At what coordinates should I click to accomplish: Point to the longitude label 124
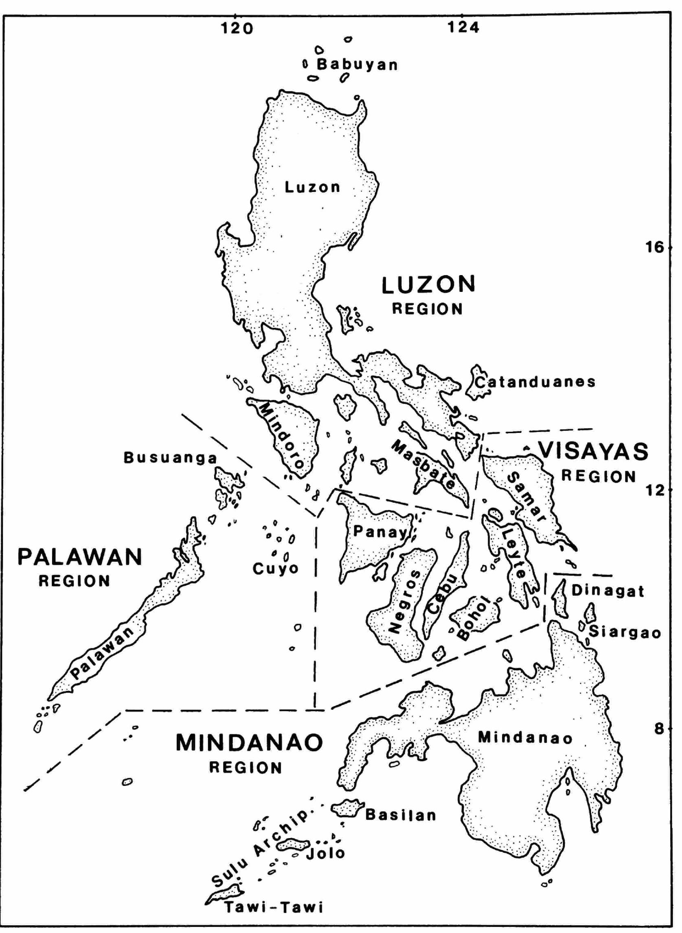tap(464, 27)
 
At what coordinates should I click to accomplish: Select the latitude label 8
tap(660, 728)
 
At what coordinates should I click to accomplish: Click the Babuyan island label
tap(357, 65)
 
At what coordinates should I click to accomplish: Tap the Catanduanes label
tap(535, 382)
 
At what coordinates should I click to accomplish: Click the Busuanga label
tap(171, 458)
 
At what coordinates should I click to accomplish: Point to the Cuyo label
tap(275, 569)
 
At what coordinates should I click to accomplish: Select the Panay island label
tap(379, 532)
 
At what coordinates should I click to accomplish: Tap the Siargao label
tap(625, 633)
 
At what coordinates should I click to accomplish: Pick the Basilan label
tap(401, 815)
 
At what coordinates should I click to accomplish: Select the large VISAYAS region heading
tap(594, 451)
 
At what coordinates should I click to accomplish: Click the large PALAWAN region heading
tap(80, 558)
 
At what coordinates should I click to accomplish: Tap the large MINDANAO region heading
tap(249, 743)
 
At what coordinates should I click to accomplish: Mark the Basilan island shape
tap(348, 808)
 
